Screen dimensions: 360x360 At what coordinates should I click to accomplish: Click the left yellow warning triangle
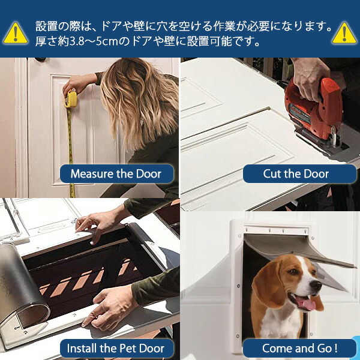click(x=16, y=34)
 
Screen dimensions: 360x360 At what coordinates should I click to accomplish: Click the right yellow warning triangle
click(x=344, y=34)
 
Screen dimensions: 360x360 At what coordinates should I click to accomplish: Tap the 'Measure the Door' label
click(x=116, y=174)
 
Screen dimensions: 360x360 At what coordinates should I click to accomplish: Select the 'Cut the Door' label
click(x=296, y=174)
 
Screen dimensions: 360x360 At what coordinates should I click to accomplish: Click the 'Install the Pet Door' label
click(x=116, y=348)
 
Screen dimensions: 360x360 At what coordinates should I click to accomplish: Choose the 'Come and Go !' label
click(x=300, y=348)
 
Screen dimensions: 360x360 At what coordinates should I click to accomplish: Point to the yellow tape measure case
click(x=71, y=98)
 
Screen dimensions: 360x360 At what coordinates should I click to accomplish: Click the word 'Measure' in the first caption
click(x=92, y=174)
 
